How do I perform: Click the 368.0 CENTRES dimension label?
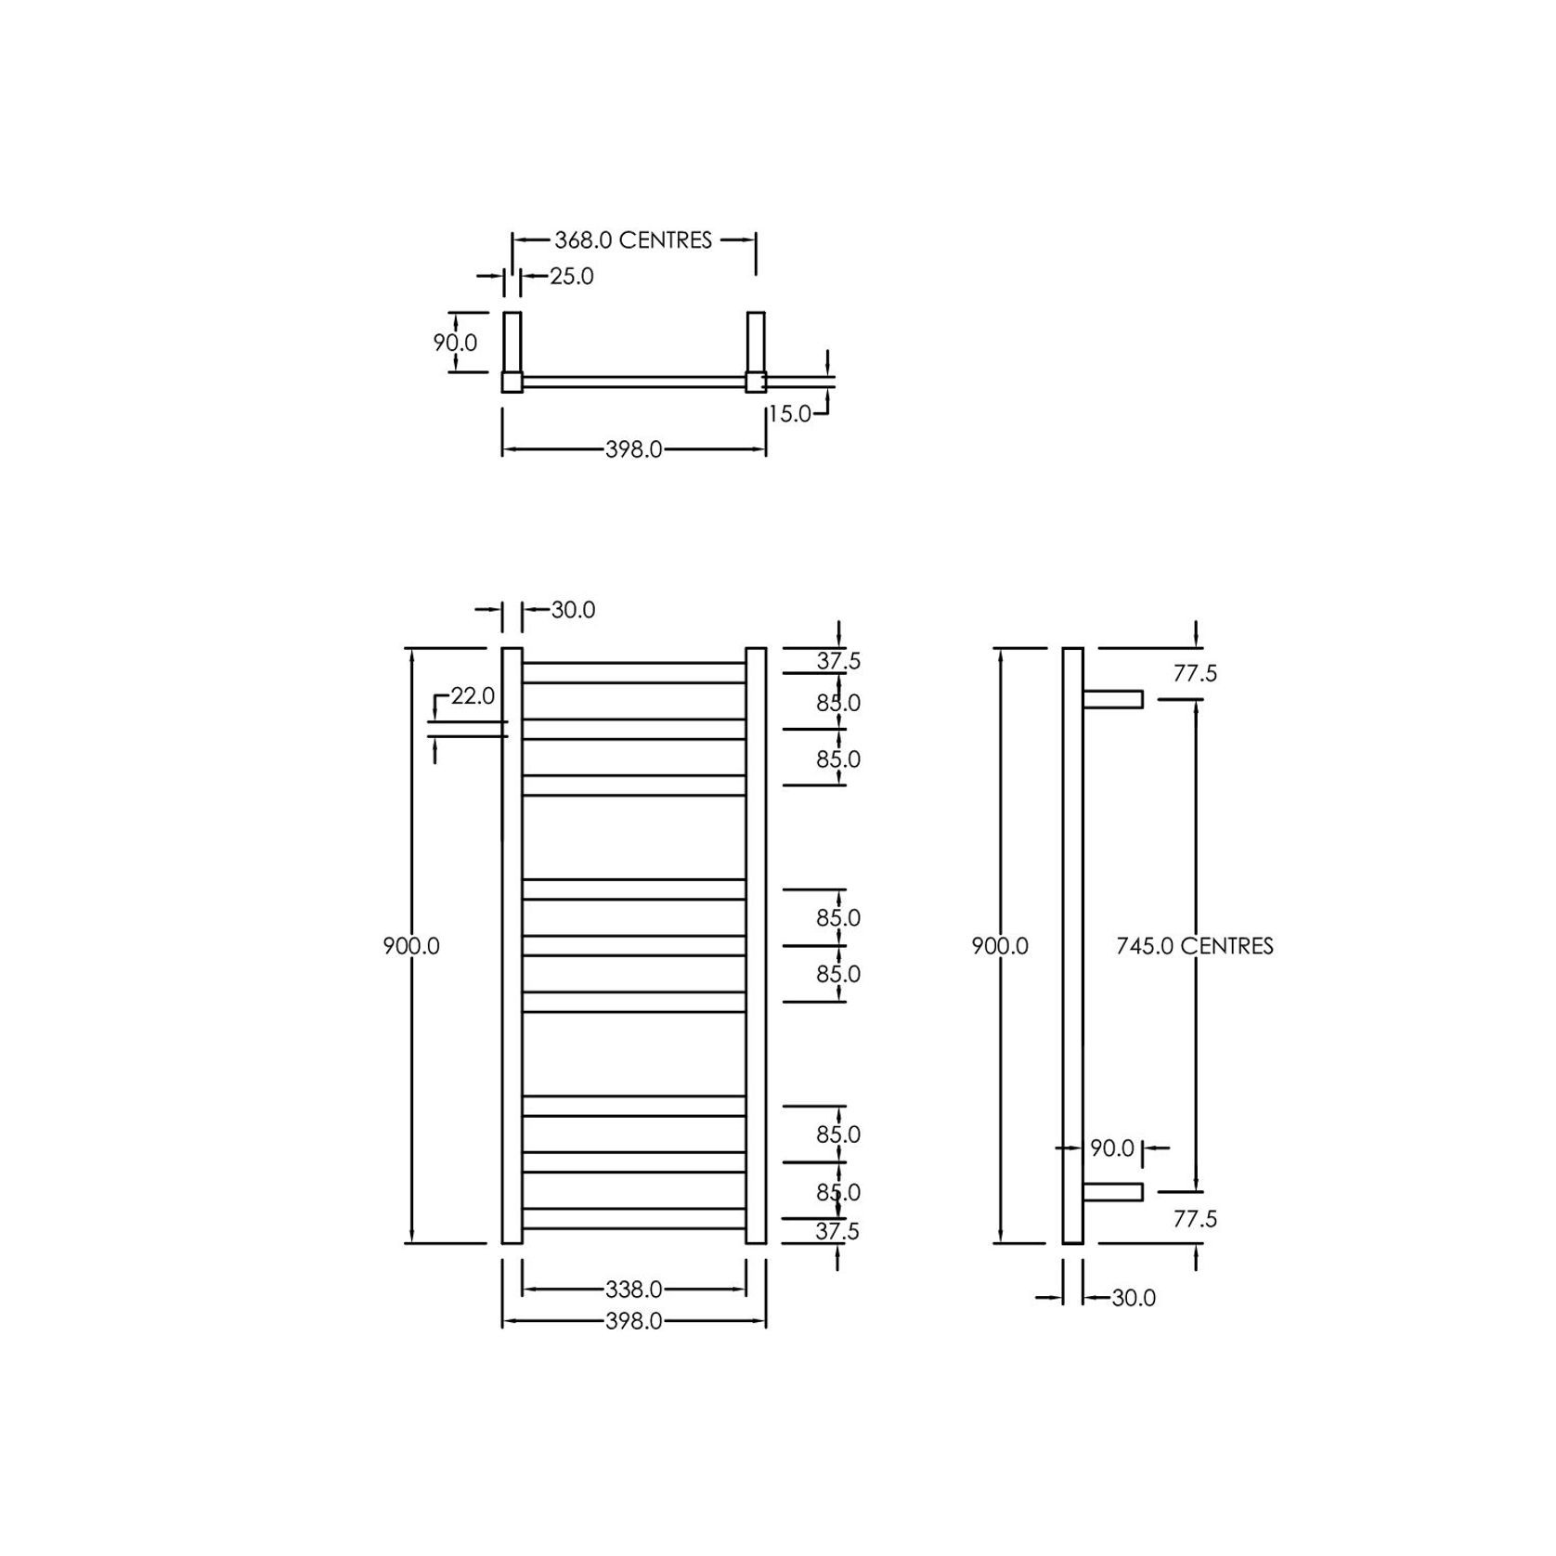pyautogui.click(x=633, y=240)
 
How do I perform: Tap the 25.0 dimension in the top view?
pyautogui.click(x=571, y=277)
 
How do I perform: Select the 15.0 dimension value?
pyautogui.click(x=790, y=414)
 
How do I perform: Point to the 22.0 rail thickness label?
pyautogui.click(x=473, y=695)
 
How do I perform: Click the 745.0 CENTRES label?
pyautogui.click(x=1194, y=946)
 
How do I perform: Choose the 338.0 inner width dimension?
pyautogui.click(x=634, y=1290)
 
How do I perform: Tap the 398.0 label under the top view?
pyautogui.click(x=634, y=450)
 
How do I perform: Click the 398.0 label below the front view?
pyautogui.click(x=634, y=1321)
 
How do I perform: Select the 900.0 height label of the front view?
pyautogui.click(x=411, y=946)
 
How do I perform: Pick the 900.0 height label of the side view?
pyautogui.click(x=1000, y=946)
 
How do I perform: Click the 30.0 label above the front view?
pyautogui.click(x=573, y=610)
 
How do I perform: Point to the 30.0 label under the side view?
pyautogui.click(x=1133, y=1298)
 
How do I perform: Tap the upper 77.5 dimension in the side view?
pyautogui.click(x=1194, y=674)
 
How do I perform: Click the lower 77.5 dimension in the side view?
pyautogui.click(x=1194, y=1219)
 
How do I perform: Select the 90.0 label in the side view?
pyautogui.click(x=1112, y=1148)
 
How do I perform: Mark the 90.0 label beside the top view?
pyautogui.click(x=455, y=343)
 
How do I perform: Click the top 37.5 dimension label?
pyautogui.click(x=838, y=661)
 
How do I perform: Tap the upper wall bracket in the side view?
pyautogui.click(x=1112, y=699)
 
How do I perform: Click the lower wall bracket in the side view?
pyautogui.click(x=1112, y=1191)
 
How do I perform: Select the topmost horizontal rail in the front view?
pyautogui.click(x=634, y=673)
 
